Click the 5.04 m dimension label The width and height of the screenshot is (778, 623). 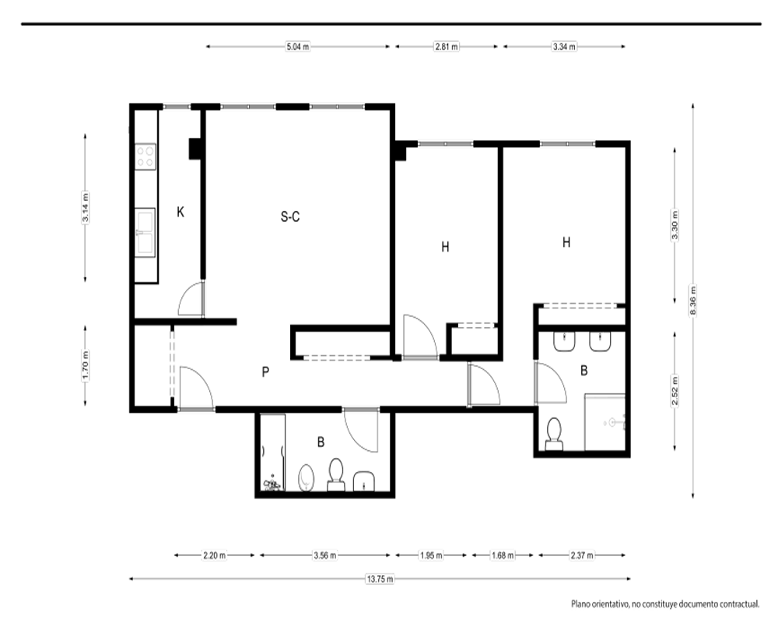(298, 47)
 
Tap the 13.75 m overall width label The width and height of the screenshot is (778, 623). (380, 579)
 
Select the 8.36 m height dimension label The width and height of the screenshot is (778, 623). (693, 300)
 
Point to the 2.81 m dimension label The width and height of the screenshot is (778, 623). (447, 47)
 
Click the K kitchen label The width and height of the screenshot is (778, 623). (180, 212)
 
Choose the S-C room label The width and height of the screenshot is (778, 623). (290, 216)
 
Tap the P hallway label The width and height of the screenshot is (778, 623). (265, 371)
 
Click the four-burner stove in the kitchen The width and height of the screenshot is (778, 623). (145, 157)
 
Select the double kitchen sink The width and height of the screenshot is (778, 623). (145, 232)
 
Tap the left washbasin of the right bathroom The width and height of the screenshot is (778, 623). (564, 341)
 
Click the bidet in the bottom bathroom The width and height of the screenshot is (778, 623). (307, 477)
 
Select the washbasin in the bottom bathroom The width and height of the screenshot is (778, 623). (365, 481)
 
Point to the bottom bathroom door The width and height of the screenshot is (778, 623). (361, 430)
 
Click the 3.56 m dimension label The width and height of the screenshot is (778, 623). (325, 555)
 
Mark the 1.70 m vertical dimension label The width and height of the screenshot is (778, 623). (86, 365)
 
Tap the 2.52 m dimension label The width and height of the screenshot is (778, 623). (675, 391)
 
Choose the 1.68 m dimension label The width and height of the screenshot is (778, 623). (503, 555)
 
